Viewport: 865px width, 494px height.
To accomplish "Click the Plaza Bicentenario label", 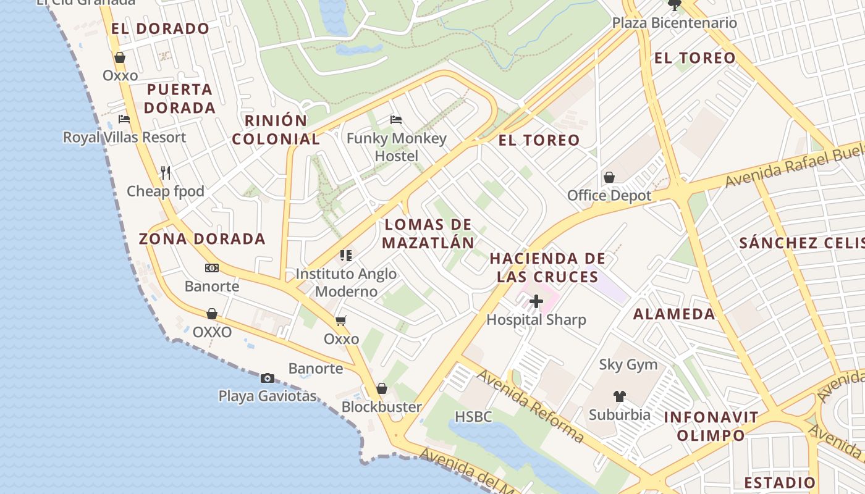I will [674, 23].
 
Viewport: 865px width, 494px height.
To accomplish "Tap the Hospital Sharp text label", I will [536, 320].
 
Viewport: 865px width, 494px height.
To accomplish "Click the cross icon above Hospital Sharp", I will [536, 301].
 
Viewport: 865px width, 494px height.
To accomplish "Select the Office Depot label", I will [609, 196].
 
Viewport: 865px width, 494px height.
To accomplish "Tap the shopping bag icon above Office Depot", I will [609, 177].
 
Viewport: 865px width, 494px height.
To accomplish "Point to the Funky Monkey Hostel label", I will [396, 147].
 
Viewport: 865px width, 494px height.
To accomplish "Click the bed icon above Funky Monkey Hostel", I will [396, 119].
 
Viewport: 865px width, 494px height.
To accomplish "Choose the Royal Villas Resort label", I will [124, 137].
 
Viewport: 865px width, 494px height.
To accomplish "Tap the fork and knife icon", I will [165, 172].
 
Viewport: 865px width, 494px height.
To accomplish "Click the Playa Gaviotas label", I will [268, 396].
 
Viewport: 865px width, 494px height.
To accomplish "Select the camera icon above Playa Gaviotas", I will [268, 378].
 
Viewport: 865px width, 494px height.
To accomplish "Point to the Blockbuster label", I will [381, 407].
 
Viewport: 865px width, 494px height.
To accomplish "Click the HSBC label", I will [473, 417].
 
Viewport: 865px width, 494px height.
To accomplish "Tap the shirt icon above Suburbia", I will [620, 396].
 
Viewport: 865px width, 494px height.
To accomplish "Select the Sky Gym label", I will [628, 364].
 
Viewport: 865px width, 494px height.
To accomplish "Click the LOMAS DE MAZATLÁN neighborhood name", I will [428, 233].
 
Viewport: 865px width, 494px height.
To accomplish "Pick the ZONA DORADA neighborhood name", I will [202, 239].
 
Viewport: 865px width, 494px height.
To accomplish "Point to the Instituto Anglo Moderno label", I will [346, 282].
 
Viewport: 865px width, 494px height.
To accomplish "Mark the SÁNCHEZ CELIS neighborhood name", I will [801, 243].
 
